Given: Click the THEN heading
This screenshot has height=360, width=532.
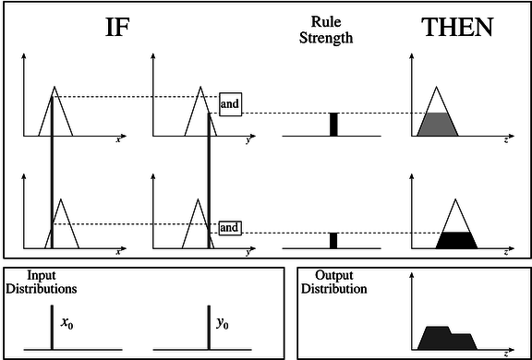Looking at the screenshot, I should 457,29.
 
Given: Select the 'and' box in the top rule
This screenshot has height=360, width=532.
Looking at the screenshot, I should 230,104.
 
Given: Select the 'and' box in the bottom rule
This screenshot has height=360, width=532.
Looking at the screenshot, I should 229,227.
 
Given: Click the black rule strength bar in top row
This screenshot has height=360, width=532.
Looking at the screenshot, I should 334,125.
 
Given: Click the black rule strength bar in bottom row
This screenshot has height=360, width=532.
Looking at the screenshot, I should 334,240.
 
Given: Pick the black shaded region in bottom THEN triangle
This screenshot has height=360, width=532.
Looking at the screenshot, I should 456,241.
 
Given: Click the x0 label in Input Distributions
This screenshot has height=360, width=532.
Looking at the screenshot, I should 66,324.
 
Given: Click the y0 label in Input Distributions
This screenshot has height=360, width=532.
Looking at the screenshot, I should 223,324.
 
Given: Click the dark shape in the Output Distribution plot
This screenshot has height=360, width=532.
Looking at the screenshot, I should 445,338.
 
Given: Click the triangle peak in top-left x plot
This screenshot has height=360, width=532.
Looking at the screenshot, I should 54,88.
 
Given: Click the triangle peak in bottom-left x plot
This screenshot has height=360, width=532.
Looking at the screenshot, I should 61,199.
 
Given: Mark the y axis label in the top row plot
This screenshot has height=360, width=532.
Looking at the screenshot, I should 248,140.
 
